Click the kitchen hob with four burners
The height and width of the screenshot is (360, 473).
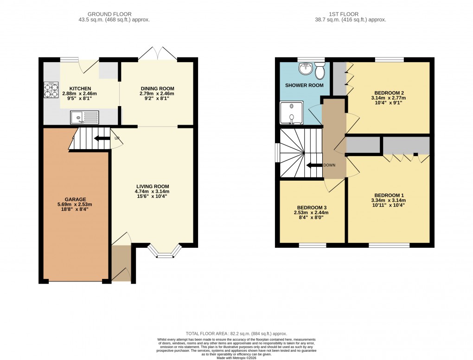coord(51,89)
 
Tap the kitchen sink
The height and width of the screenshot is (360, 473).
coord(84,118)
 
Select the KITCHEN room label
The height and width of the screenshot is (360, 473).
coord(80,88)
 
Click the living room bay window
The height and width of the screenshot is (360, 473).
coord(165,252)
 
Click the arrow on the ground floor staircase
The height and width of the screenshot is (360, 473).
coord(98,138)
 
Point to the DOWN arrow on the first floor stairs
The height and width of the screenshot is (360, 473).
coord(313,165)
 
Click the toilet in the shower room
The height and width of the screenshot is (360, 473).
coord(320,71)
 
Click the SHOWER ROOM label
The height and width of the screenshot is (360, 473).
coord(304,85)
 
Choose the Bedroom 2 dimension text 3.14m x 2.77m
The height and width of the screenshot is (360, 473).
coord(388,98)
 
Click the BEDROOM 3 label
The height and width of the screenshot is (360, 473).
coord(311,207)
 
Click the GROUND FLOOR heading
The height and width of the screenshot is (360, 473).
coord(114,14)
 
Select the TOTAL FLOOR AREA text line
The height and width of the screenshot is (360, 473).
coord(236,334)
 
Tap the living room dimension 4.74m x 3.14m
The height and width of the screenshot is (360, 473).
coord(152,191)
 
